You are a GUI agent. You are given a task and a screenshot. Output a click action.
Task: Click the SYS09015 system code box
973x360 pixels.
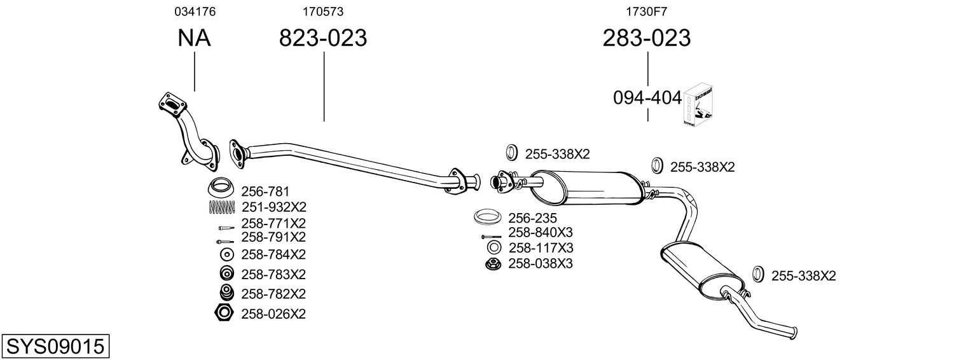(55, 346)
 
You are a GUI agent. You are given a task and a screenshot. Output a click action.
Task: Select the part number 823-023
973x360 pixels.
(323, 38)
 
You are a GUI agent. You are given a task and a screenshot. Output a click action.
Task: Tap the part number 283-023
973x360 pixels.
(647, 38)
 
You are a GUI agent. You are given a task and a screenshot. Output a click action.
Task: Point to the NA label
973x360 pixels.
(194, 38)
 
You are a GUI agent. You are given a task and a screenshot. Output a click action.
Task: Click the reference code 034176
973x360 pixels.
(194, 11)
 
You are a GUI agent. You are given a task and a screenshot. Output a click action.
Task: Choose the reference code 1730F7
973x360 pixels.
(647, 11)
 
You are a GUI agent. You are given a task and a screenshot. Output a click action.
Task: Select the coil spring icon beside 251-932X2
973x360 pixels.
(222, 207)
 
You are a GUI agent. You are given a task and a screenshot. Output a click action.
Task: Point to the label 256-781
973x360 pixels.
(265, 191)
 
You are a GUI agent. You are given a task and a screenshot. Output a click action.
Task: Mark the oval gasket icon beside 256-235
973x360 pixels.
(488, 218)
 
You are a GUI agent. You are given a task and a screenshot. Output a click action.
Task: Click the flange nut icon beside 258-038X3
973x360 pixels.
(492, 263)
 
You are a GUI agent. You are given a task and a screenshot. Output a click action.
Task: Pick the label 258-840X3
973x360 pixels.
(541, 233)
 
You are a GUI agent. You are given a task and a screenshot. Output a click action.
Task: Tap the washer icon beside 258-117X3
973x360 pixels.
(493, 247)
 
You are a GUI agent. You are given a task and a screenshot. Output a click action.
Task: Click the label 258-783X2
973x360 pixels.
(273, 274)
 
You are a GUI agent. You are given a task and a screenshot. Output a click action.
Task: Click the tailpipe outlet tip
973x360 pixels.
(792, 331)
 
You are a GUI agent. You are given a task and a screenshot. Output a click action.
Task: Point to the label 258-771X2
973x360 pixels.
(273, 223)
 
